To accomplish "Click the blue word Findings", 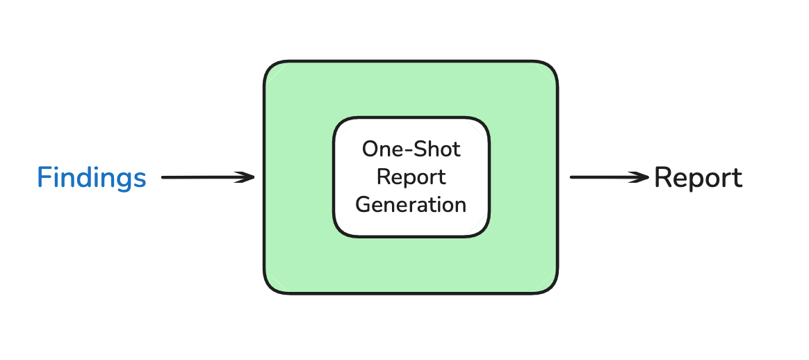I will point(92,178).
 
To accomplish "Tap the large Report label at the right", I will point(698,178).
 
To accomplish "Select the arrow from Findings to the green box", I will point(207,178).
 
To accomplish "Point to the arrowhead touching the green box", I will point(247,178).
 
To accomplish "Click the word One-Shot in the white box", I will point(411,149).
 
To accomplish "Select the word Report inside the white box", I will point(411,177).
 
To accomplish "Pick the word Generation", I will point(411,204).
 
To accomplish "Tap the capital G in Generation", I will point(363,204).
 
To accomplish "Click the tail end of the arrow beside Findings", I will point(164,178).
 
